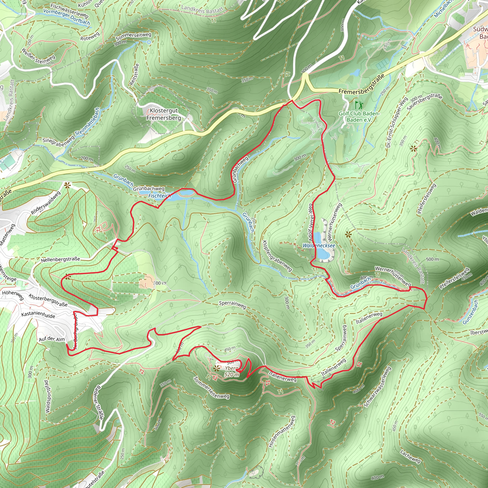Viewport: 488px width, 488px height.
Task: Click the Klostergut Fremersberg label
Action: point(164,114)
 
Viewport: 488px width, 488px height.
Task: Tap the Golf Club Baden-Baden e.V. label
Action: point(359,117)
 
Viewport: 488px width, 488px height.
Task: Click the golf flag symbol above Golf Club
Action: point(358,105)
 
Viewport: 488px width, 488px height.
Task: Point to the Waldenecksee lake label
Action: point(319,245)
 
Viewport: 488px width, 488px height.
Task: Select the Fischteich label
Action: point(159,196)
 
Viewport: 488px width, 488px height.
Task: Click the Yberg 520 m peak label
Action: point(231,371)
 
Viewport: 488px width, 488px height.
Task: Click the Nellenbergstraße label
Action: point(60,259)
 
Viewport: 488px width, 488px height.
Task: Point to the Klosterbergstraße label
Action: point(48,300)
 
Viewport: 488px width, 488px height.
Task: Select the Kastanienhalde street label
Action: point(38,315)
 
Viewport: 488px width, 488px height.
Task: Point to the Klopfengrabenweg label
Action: point(277,256)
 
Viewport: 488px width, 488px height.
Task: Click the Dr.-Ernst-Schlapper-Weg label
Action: point(397,122)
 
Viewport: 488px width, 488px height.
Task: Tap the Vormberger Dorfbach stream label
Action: point(66,17)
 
